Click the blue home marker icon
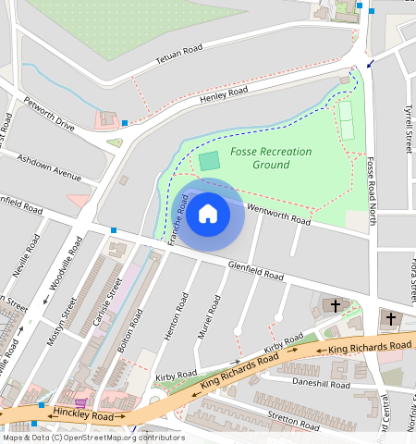[x=208, y=215]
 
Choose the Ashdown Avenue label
[x=49, y=165]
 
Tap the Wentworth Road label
[x=279, y=215]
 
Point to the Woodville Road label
[x=67, y=264]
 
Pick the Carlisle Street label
[x=111, y=301]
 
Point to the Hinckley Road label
[x=83, y=417]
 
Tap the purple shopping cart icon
[x=81, y=403]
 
